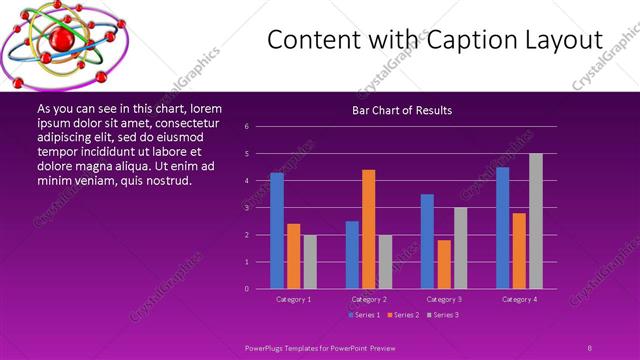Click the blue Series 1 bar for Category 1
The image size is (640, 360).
(x=277, y=231)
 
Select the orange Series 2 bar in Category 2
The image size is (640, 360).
(x=368, y=229)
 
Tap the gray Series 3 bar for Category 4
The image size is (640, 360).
(x=535, y=221)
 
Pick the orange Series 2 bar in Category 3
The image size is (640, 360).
(x=444, y=264)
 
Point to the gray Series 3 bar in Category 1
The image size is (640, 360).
(x=310, y=262)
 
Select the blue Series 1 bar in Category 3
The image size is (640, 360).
(x=427, y=241)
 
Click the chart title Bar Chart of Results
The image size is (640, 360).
(x=402, y=110)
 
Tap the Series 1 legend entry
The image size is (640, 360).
(x=363, y=315)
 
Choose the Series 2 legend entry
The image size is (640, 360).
(x=402, y=315)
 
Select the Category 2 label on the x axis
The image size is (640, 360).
(x=369, y=299)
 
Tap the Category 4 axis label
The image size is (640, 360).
(x=519, y=299)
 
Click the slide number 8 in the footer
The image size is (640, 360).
(x=589, y=347)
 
